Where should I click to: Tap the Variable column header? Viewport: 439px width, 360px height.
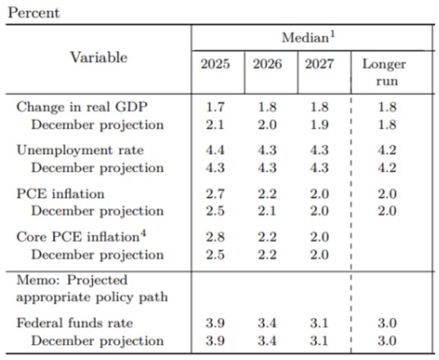point(99,58)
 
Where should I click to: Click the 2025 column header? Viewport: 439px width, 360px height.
point(215,65)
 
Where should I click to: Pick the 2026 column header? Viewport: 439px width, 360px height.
point(267,65)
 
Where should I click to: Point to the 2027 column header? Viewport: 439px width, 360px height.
point(319,65)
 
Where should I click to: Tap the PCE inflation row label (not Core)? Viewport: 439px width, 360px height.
point(60,194)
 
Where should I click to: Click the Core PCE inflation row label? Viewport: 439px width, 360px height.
point(78,237)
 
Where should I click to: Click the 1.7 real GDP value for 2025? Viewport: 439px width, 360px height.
point(215,107)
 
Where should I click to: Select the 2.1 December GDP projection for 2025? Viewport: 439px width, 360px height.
point(215,124)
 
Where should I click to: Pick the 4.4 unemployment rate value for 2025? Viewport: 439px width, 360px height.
point(215,151)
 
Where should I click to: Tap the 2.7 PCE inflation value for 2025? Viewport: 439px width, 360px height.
point(215,194)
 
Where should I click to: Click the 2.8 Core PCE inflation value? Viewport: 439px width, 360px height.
point(215,237)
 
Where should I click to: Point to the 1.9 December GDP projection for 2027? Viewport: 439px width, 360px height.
point(319,124)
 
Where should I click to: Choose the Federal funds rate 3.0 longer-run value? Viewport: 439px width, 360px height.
point(387,323)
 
